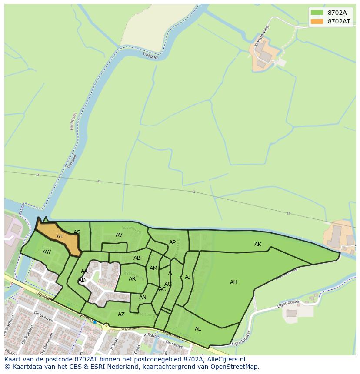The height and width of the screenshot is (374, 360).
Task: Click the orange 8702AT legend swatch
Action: [x=317, y=21]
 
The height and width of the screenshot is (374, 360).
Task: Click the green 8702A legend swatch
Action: [x=317, y=13]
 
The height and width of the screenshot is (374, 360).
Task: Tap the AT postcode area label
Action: [x=60, y=237]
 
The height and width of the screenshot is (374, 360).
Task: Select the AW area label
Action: [x=47, y=252]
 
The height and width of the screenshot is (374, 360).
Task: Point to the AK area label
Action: [x=258, y=245]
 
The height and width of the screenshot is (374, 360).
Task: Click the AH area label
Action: [x=233, y=282]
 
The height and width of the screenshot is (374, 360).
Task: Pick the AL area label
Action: [x=198, y=329]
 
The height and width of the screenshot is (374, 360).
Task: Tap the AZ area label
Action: [x=121, y=314]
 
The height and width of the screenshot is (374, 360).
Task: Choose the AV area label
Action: [x=119, y=235]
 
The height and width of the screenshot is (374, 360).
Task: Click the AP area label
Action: [x=172, y=242]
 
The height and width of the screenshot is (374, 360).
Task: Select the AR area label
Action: [x=132, y=279]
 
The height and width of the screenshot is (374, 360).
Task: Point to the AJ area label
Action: [x=187, y=277]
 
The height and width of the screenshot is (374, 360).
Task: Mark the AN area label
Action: [x=143, y=298]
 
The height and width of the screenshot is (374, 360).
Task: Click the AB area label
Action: [x=137, y=258]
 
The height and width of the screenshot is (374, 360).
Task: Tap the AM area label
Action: [x=153, y=268]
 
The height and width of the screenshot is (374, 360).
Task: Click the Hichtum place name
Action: [x=73, y=121]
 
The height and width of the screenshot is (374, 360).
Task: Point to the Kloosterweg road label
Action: [x=262, y=36]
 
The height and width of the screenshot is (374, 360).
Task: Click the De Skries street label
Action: [x=174, y=344]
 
